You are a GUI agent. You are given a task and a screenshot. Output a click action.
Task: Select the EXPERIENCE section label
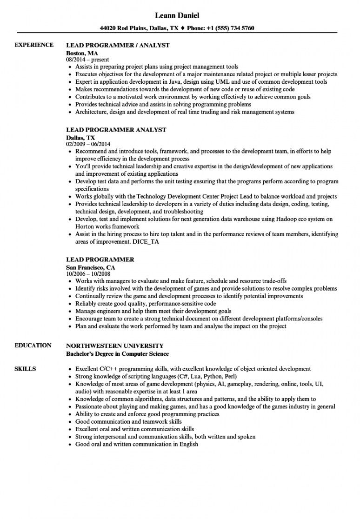[34, 45]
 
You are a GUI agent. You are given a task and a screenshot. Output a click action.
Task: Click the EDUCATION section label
[33, 346]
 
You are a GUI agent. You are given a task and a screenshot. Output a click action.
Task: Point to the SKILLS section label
[26, 369]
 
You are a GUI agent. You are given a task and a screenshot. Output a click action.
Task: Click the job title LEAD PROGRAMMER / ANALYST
[118, 46]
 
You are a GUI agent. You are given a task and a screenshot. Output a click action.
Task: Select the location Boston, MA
[82, 53]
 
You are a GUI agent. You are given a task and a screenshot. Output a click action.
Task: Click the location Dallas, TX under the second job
[80, 138]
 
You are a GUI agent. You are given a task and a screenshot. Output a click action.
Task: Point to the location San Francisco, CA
[91, 268]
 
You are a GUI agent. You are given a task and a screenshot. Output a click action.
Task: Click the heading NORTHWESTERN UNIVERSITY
[115, 346]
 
